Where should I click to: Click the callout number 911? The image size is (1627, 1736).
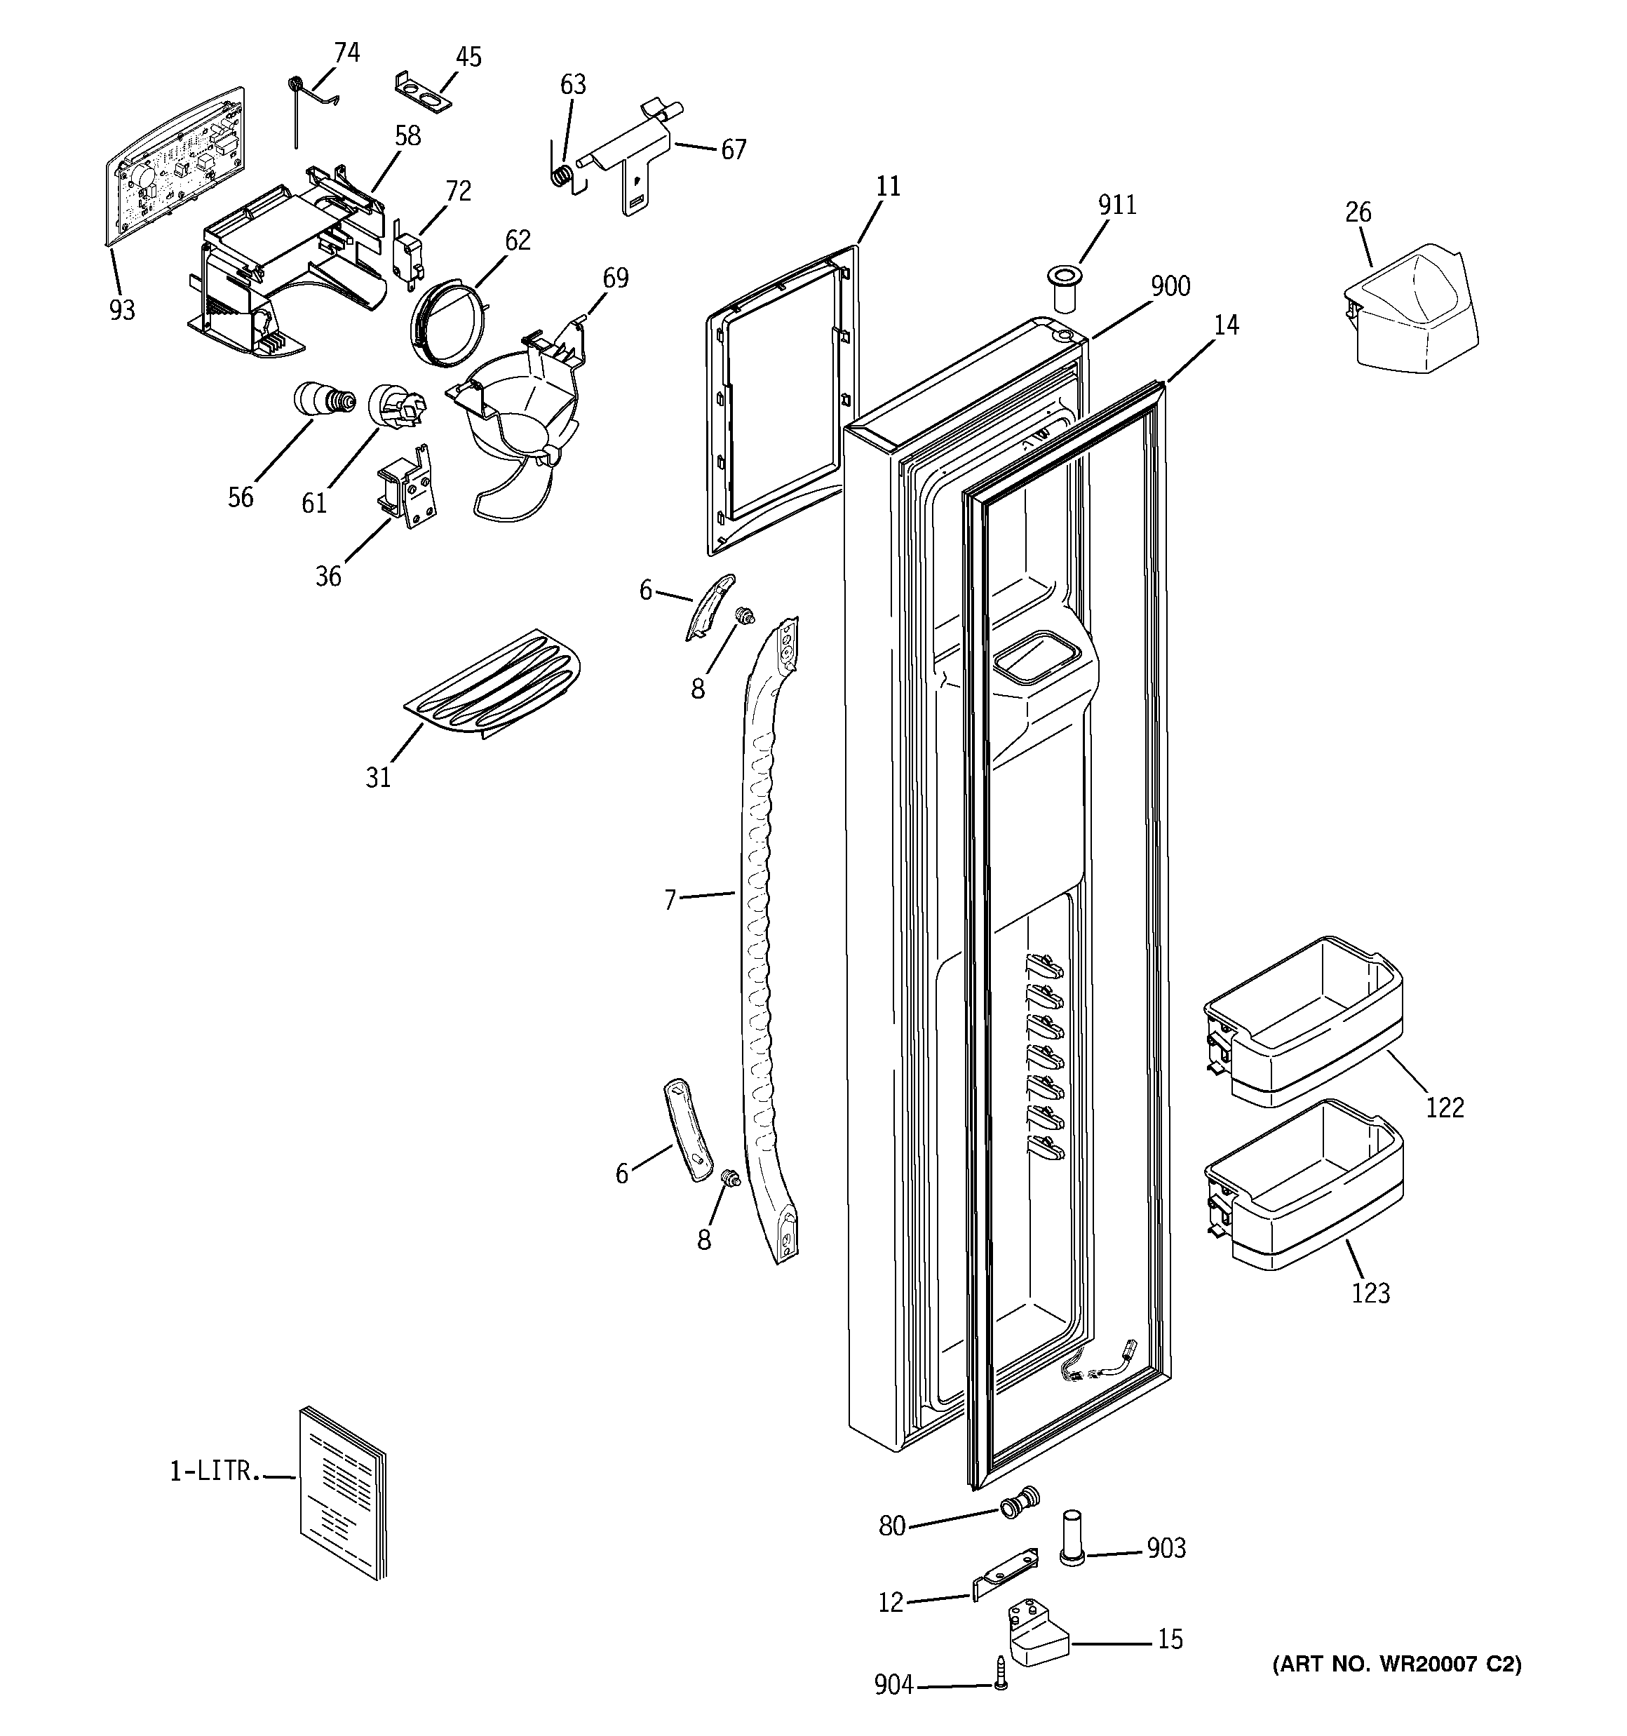1117,206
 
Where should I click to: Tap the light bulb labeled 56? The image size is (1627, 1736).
323,401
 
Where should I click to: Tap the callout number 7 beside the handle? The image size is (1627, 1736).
670,899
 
